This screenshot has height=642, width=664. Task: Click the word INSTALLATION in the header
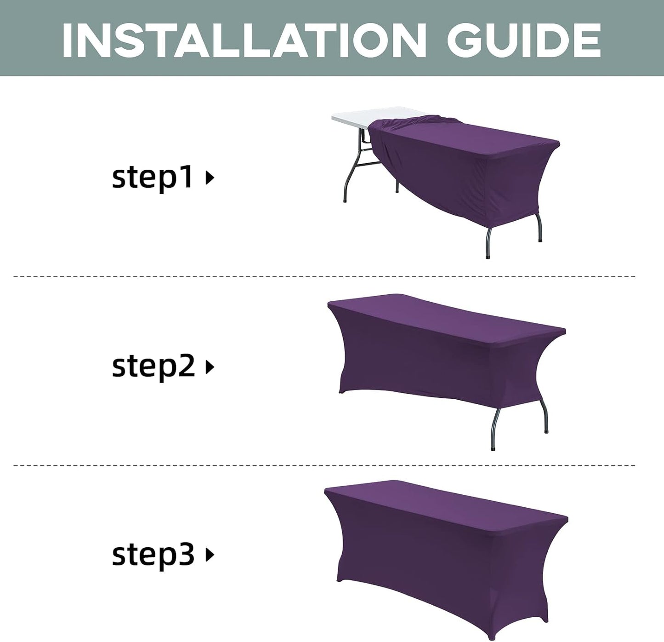click(x=244, y=41)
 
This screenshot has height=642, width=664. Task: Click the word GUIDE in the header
click(x=524, y=41)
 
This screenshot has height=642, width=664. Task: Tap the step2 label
click(x=153, y=366)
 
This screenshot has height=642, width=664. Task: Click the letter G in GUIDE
click(x=468, y=41)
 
